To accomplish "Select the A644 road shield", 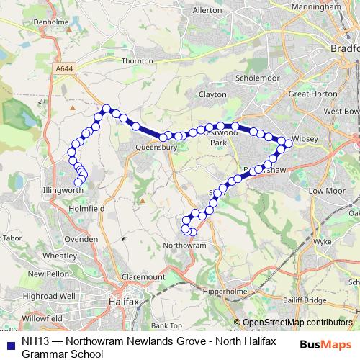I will pyautogui.click(x=63, y=68).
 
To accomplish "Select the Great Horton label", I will pyautogui.click(x=307, y=94).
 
